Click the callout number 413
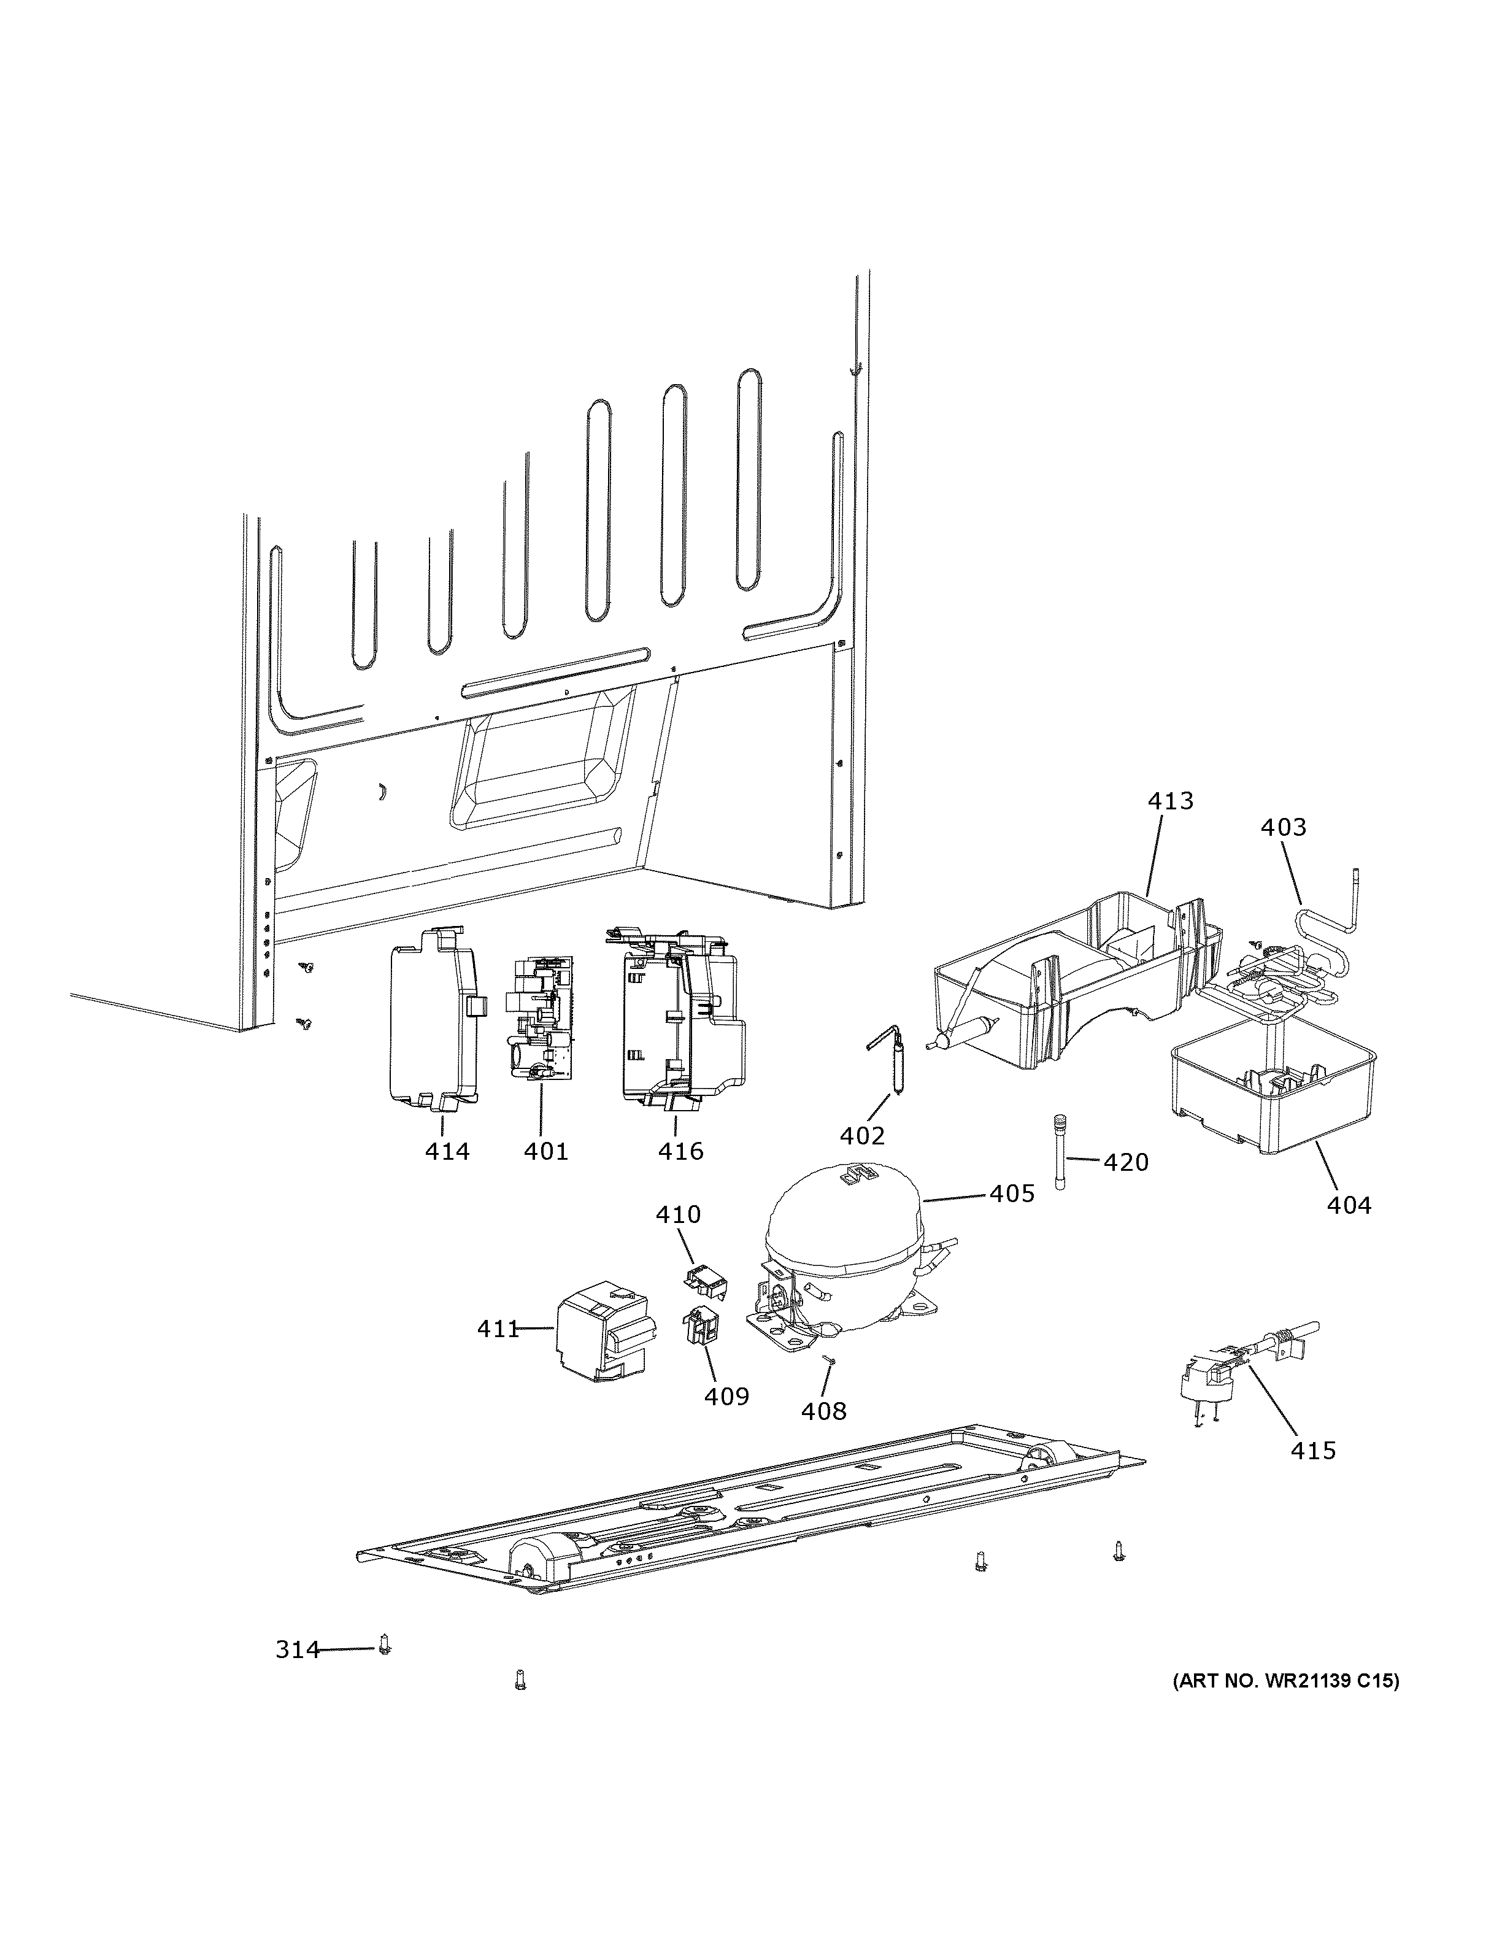point(1170,801)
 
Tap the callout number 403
point(1283,828)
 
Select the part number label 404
point(1349,1205)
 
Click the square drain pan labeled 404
point(1273,1090)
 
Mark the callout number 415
point(1314,1450)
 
